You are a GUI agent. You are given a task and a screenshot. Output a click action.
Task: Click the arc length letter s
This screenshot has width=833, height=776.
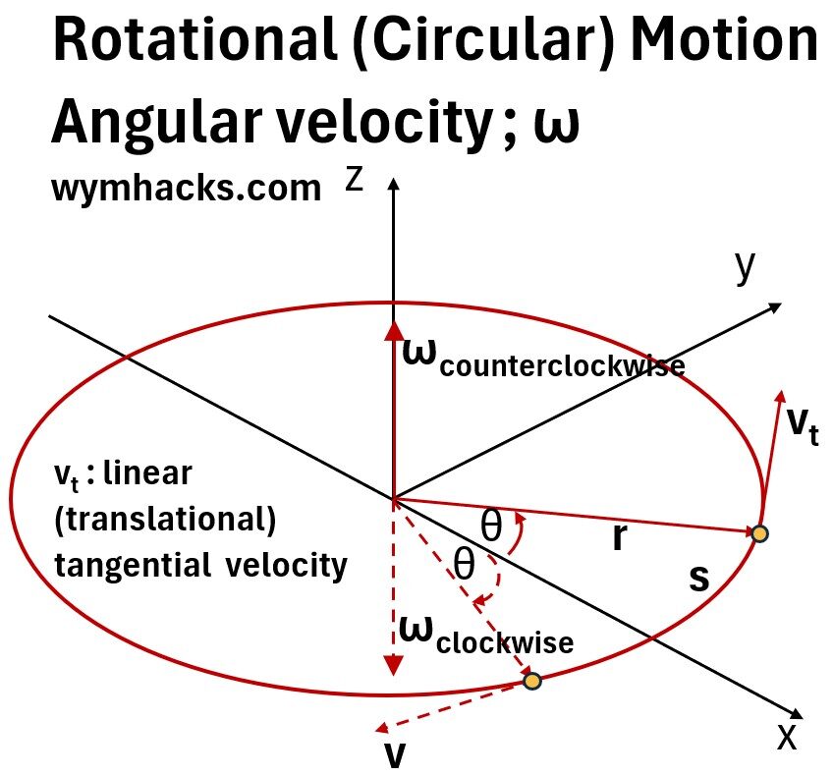[x=697, y=580]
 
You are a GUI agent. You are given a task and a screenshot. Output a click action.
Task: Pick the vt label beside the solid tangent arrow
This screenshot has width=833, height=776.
[x=803, y=424]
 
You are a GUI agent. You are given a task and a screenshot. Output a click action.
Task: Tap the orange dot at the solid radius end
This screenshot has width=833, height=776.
[x=758, y=533]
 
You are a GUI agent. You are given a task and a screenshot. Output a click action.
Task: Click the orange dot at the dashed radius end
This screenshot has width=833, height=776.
[x=531, y=681]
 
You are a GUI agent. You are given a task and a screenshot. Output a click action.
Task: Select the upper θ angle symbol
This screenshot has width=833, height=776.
[x=491, y=527]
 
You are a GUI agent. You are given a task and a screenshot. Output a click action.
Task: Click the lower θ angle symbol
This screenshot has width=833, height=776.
[x=463, y=565]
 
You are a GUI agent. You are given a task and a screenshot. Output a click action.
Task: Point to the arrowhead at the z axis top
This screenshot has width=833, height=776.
[x=394, y=185]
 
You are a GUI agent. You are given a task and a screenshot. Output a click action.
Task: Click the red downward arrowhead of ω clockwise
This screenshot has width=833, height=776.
[x=394, y=664]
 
